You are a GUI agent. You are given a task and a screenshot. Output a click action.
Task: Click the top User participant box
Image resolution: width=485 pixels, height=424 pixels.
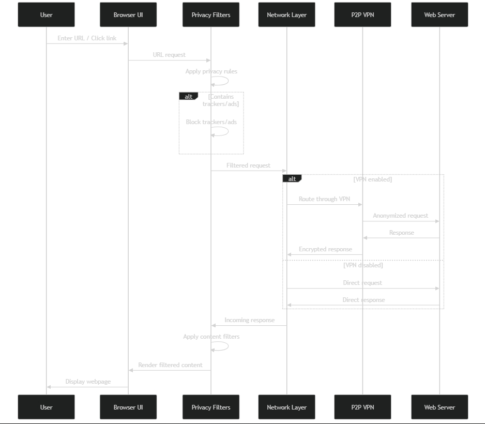[46, 14]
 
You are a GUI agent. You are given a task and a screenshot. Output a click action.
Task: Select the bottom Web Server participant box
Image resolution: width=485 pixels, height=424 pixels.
[439, 407]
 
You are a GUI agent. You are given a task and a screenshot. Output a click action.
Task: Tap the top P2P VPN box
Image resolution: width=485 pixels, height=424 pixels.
[362, 14]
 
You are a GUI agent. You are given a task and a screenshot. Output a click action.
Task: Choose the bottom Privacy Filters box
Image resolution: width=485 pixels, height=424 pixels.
[211, 407]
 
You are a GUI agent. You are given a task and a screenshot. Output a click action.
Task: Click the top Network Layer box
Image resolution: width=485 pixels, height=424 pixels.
[286, 14]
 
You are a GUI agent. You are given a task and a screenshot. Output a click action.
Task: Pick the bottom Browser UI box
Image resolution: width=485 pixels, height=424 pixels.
[128, 407]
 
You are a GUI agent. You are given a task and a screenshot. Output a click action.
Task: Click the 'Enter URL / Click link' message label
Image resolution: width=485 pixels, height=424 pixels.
[87, 38]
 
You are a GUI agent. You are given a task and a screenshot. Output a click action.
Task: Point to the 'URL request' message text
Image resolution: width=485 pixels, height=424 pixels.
[169, 55]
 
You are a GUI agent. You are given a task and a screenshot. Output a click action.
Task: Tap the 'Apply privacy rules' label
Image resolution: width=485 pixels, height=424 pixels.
[211, 71]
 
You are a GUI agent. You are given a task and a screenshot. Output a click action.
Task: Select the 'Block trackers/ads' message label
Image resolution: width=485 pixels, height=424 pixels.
[211, 122]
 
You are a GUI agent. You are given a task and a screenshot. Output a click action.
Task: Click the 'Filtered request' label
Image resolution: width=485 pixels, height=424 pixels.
[248, 165]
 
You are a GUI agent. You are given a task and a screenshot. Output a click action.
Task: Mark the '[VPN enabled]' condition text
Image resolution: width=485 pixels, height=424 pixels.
[372, 179]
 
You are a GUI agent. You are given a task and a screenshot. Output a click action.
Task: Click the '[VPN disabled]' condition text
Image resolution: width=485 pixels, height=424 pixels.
[363, 265]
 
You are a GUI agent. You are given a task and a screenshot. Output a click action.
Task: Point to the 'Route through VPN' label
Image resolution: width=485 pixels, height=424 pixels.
[325, 199]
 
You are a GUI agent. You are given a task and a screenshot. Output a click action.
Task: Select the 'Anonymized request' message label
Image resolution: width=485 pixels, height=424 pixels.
[400, 216]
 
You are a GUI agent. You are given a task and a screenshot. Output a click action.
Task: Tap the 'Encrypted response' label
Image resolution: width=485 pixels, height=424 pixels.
[325, 249]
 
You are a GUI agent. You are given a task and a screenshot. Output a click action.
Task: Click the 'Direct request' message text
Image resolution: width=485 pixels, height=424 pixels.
[362, 283]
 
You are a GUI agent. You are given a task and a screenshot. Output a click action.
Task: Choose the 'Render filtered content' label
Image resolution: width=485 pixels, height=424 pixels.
[170, 365]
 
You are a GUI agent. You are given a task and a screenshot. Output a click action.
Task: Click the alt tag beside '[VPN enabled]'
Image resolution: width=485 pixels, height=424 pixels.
[292, 179]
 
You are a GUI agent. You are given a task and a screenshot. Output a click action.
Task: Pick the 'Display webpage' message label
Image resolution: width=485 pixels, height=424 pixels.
[88, 382]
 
